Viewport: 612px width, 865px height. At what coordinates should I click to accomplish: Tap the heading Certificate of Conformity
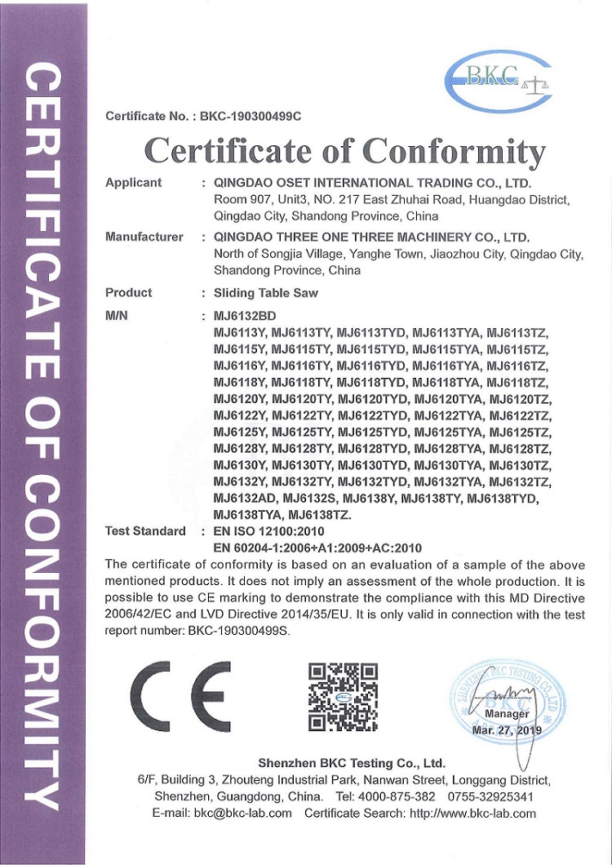(344, 151)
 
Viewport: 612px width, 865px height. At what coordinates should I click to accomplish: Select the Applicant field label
(133, 183)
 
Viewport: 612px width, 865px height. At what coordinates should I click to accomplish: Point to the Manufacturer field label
(144, 237)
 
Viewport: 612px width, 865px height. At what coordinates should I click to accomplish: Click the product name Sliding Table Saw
(265, 293)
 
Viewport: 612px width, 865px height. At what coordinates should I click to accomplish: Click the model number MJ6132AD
(243, 498)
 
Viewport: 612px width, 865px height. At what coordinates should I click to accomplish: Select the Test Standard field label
(145, 531)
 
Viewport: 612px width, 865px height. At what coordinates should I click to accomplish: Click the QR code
(343, 696)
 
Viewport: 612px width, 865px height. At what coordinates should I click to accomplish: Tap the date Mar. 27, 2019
(507, 730)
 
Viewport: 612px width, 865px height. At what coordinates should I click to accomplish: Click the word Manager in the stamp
(507, 714)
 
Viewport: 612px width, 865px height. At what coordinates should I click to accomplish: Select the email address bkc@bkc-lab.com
(243, 813)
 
